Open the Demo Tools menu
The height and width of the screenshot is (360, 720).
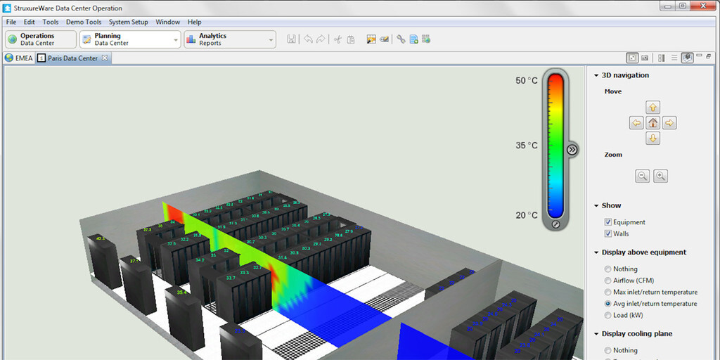coord(84,22)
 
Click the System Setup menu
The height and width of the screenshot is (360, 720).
coord(129,22)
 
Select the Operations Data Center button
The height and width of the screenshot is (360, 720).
coord(40,39)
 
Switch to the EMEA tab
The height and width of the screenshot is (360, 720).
coord(19,58)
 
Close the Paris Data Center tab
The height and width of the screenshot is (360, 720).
coord(105,58)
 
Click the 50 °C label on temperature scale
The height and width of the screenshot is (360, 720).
coord(526,81)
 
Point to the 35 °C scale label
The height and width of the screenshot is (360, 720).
coord(526,146)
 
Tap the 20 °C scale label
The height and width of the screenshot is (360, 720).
coord(526,215)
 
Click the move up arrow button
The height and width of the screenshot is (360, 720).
coord(653,108)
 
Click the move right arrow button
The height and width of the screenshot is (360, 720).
coord(669,123)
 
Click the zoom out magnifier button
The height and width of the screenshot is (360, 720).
coord(643,176)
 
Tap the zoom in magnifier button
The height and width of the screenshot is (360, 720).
coord(660,176)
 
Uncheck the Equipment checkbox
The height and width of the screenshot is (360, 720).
coord(608,222)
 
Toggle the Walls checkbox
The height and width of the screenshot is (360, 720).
coord(608,233)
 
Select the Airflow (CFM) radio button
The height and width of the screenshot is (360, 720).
coord(608,281)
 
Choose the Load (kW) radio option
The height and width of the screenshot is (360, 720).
coord(608,315)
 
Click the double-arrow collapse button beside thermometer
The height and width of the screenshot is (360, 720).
coord(572,149)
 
